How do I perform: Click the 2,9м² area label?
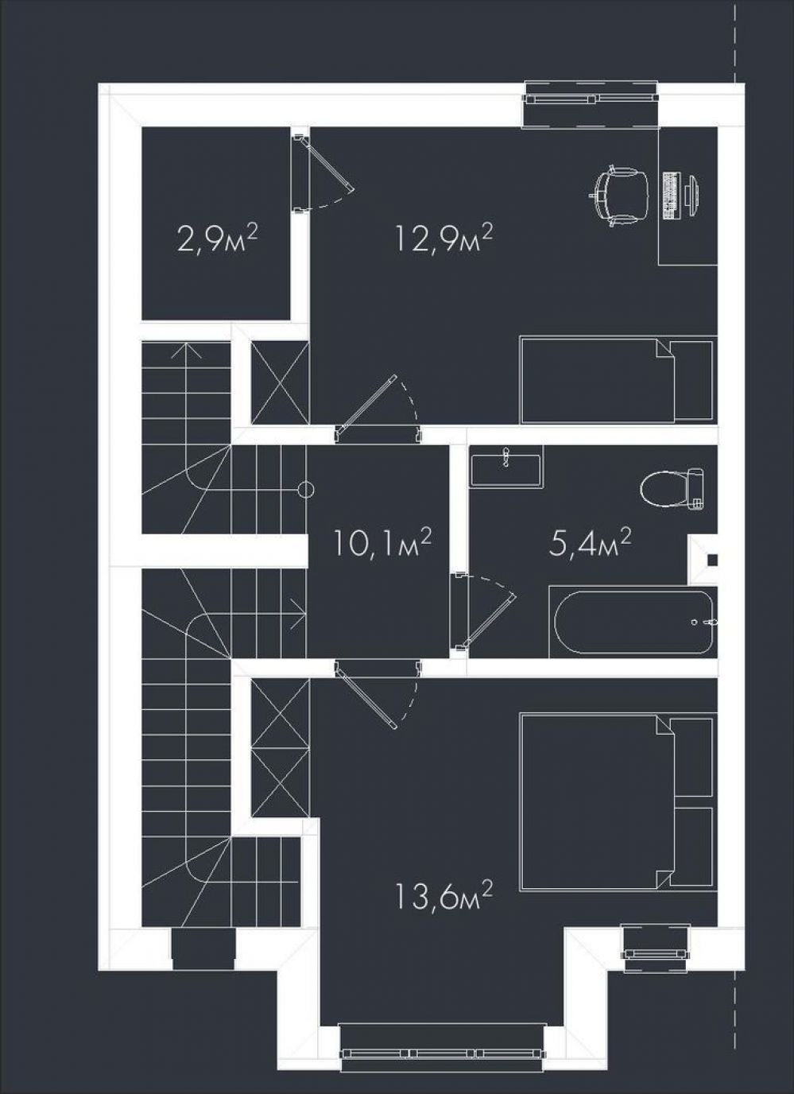click(217, 239)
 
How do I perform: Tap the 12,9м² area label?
click(443, 239)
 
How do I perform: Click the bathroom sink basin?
click(507, 470)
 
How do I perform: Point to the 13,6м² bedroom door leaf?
click(366, 696)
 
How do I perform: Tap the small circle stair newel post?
click(306, 489)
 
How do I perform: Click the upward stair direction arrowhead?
click(187, 351)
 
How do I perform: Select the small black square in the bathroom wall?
click(712, 560)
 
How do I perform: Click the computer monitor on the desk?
click(693, 194)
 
